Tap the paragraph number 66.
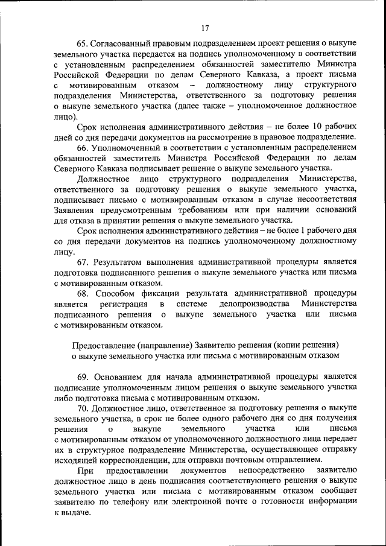83,148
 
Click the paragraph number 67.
83,262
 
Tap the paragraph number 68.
83,294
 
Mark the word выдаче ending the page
75,513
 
